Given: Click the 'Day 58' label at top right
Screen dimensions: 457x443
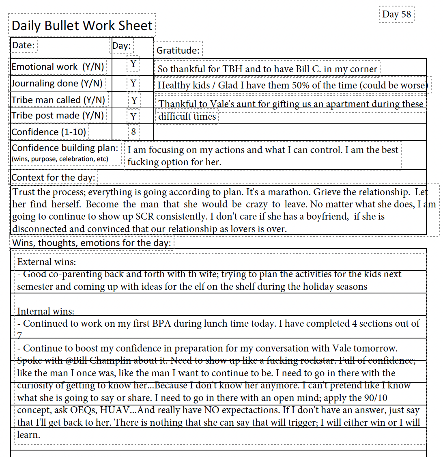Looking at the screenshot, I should point(396,15).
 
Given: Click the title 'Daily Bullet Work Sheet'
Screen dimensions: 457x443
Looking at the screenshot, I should point(82,26).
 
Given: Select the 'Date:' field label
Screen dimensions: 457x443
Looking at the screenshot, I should point(23,45).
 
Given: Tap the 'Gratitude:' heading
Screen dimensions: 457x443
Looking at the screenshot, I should point(178,50).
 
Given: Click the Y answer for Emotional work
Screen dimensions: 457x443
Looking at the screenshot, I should point(133,64).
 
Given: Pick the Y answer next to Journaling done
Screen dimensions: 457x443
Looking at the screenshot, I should point(133,84).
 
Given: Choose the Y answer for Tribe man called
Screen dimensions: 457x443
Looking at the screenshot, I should point(134,100).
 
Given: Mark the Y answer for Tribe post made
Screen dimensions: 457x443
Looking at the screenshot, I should point(133,117).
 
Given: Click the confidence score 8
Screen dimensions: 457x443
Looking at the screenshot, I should point(133,131).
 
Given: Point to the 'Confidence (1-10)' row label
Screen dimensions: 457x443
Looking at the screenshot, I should point(49,132).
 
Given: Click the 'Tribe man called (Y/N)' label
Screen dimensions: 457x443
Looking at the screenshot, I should point(58,100).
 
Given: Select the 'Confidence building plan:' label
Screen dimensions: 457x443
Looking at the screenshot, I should point(65,148).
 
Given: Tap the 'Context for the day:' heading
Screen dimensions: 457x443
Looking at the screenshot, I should point(53,177).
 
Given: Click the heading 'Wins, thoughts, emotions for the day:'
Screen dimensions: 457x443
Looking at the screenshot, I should point(92,243).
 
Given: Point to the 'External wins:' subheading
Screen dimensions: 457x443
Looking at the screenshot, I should point(47,262).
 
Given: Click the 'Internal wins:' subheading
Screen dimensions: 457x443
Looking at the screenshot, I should point(46,312).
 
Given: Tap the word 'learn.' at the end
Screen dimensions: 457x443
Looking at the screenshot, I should point(28,435).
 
